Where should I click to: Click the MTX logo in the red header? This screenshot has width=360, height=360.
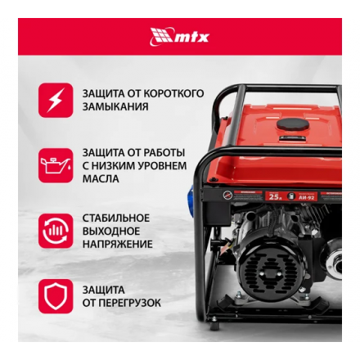point(179,36)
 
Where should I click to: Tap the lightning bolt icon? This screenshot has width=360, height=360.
point(55,100)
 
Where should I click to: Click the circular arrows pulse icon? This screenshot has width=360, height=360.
point(55,231)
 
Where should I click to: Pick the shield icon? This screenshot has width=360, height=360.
point(55,296)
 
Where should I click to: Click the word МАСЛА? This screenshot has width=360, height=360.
point(100,178)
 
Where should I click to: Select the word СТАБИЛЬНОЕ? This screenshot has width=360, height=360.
point(115,218)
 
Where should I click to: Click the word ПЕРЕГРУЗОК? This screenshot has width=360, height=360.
point(128,303)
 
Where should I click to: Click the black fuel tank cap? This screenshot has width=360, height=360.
point(293,125)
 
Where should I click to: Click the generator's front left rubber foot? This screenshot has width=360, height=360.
point(214,326)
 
